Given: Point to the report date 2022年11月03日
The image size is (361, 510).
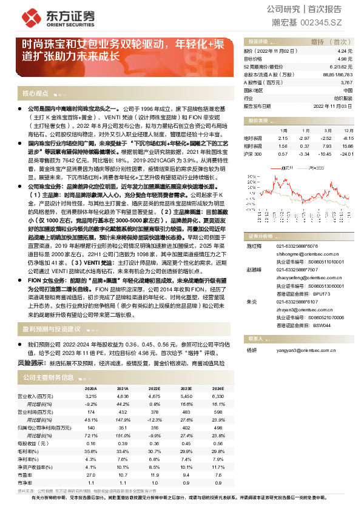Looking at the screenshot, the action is pyautogui.click(x=333, y=105).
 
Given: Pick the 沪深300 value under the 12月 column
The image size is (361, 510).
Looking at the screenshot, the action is pyautogui.click(x=346, y=154).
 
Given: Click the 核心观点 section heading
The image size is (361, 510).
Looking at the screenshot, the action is pyautogui.click(x=35, y=93).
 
